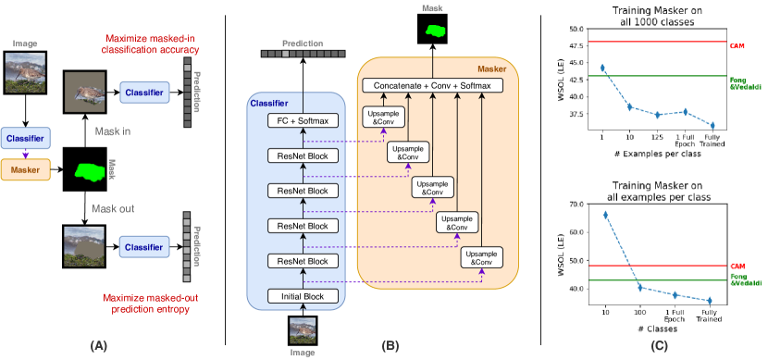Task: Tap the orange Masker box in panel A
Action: click(x=25, y=169)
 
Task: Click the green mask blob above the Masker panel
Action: click(x=433, y=31)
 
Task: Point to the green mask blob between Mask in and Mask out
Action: click(x=91, y=170)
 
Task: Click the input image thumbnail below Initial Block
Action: click(x=303, y=329)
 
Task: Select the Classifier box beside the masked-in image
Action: click(x=143, y=92)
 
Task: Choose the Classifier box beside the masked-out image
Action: click(x=143, y=247)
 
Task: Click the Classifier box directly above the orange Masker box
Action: click(x=25, y=138)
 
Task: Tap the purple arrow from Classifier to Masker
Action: click(x=25, y=154)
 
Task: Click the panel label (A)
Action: click(x=98, y=345)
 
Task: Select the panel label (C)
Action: click(x=658, y=345)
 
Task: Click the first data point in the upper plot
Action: click(x=603, y=68)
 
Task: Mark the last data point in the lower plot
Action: click(x=710, y=301)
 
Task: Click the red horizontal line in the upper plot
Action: click(x=657, y=42)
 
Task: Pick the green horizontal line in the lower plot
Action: click(x=657, y=279)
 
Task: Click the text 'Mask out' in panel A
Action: click(x=114, y=208)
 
